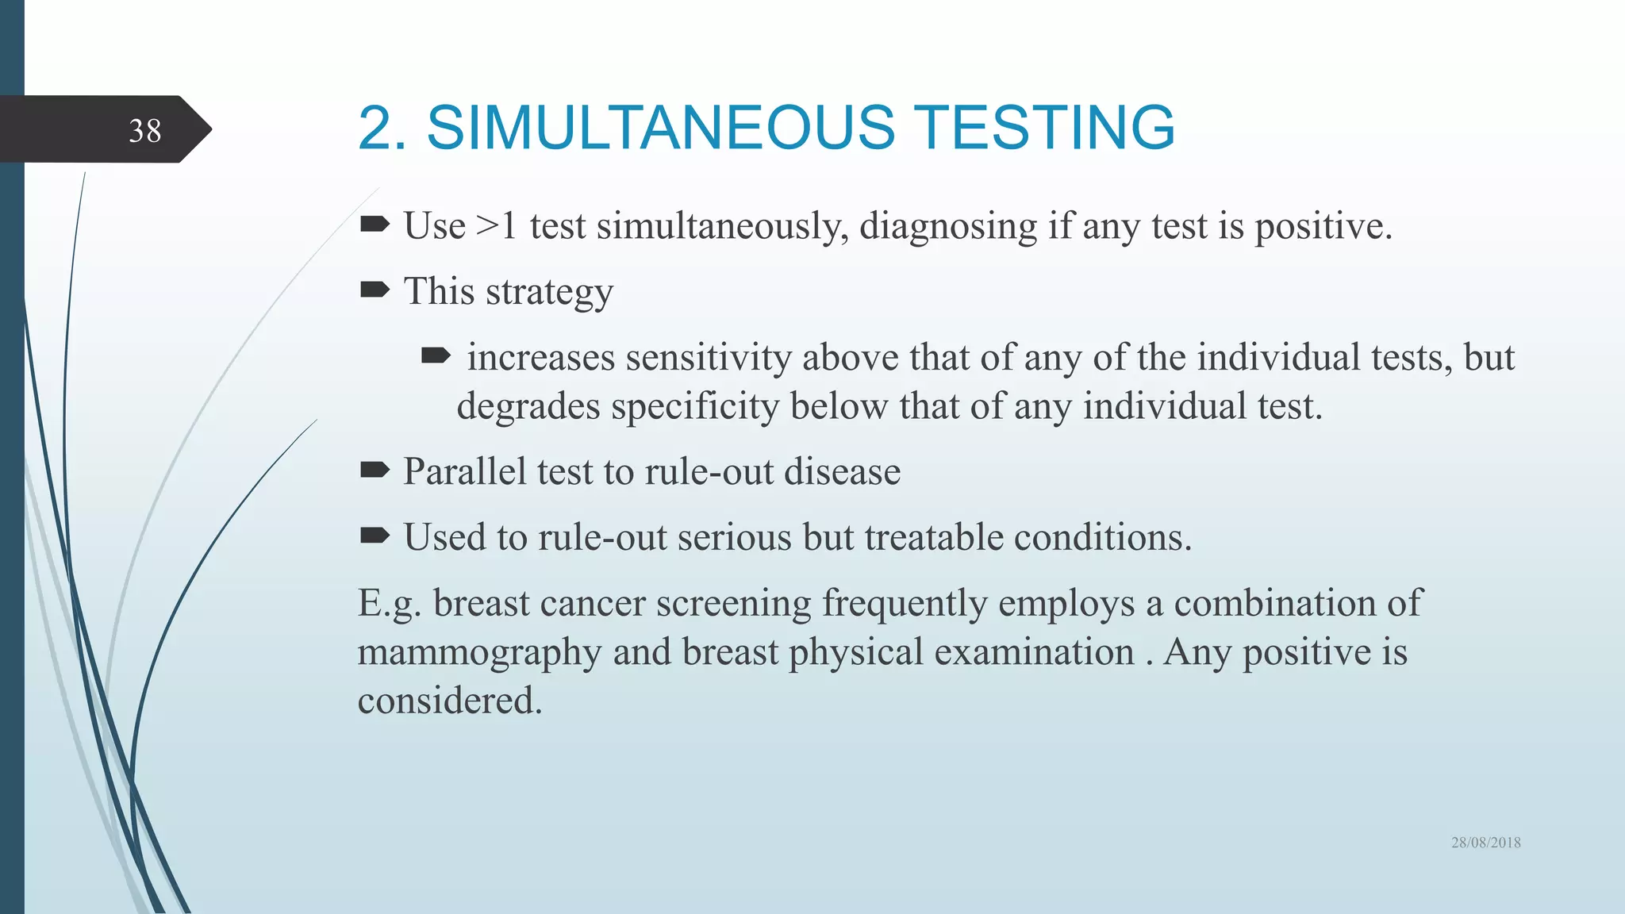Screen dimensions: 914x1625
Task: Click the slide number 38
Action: (x=144, y=131)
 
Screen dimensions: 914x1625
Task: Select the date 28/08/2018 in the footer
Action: (x=1485, y=843)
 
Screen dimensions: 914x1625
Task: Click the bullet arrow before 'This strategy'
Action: (x=375, y=290)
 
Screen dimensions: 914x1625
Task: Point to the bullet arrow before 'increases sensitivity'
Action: (x=436, y=355)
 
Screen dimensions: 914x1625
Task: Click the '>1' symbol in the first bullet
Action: (x=497, y=226)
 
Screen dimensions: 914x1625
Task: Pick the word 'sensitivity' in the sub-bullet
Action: (x=708, y=358)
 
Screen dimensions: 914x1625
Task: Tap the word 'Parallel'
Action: (x=464, y=471)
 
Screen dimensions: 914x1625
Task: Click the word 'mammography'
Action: (x=478, y=653)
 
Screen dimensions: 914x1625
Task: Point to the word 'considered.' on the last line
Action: (x=450, y=701)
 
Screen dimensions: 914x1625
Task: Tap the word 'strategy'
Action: (x=549, y=292)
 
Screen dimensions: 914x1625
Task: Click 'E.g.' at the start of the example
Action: (x=389, y=604)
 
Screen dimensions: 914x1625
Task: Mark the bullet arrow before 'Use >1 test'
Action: (x=375, y=225)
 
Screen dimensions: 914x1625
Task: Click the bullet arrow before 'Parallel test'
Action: (x=375, y=470)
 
